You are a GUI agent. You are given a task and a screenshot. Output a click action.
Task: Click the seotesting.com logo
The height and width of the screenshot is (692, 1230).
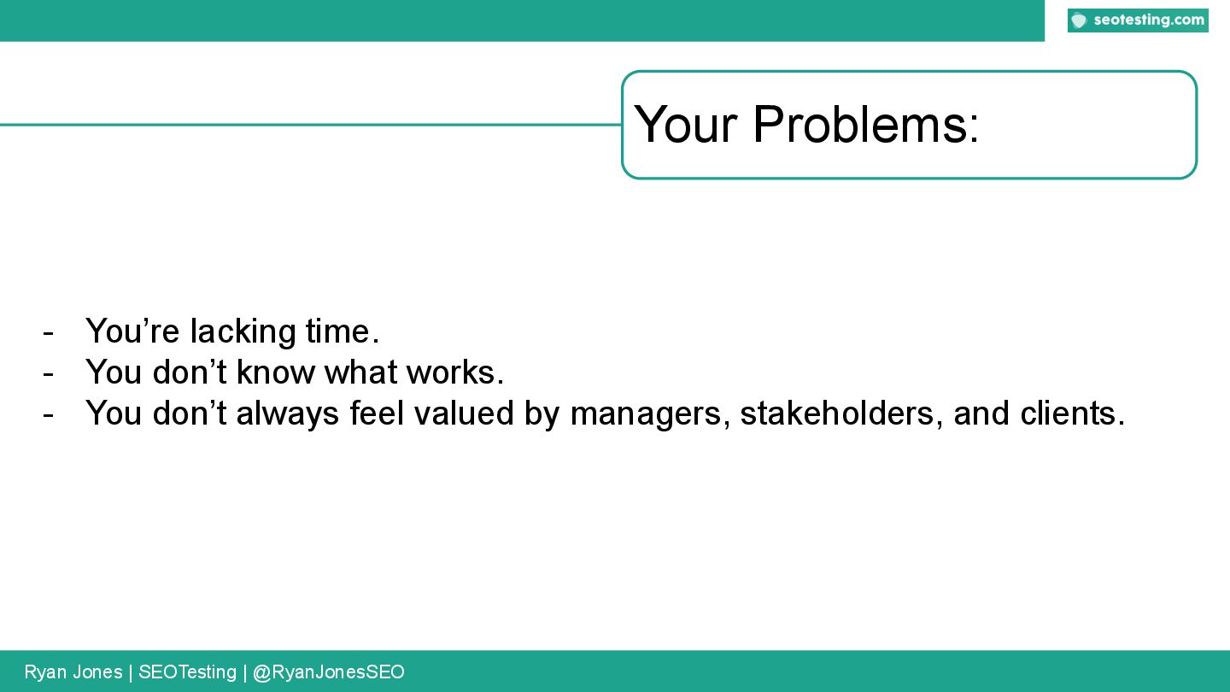click(x=1138, y=21)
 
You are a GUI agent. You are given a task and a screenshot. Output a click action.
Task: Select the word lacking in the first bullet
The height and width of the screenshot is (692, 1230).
click(x=243, y=331)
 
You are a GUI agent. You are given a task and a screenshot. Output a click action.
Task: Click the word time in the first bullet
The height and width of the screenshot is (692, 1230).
click(x=343, y=331)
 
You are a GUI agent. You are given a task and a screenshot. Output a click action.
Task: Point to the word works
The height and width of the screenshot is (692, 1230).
click(x=454, y=372)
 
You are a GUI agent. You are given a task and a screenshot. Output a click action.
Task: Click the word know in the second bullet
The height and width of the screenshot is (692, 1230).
click(x=275, y=372)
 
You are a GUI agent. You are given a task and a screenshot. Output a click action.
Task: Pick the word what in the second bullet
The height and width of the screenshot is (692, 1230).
click(x=360, y=372)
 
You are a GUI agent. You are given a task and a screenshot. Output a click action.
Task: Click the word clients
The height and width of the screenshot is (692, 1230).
click(x=1073, y=413)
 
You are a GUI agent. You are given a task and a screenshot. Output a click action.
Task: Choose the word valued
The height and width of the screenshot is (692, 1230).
click(x=464, y=413)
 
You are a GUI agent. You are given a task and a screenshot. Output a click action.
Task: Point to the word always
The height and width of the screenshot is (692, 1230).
click(x=288, y=414)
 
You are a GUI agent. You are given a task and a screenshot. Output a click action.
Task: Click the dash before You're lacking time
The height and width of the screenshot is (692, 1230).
click(x=49, y=333)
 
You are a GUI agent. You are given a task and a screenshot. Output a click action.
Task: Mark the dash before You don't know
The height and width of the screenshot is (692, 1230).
click(x=49, y=374)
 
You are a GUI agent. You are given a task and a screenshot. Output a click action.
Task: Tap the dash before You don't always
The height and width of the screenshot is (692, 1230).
click(x=49, y=415)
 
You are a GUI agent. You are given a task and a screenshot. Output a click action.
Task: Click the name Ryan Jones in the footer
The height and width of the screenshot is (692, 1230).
click(x=73, y=671)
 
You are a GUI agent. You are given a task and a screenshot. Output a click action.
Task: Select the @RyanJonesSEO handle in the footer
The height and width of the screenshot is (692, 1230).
click(x=328, y=672)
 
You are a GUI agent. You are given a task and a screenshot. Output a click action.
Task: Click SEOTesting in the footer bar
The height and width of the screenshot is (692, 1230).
click(x=187, y=672)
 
